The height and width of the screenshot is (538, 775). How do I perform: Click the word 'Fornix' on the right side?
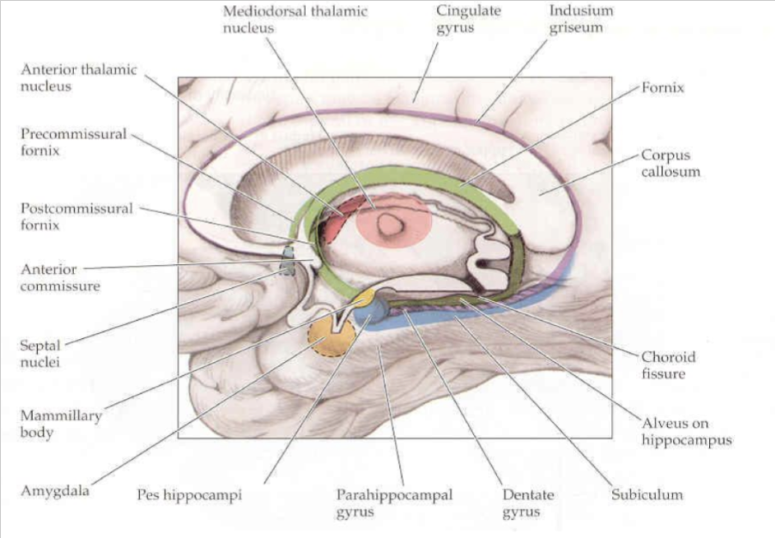pos(663,86)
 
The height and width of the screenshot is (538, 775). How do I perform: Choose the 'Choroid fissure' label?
pos(668,365)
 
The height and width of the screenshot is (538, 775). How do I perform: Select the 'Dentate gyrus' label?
pos(528,503)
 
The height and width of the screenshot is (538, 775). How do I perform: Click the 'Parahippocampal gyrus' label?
pos(393,503)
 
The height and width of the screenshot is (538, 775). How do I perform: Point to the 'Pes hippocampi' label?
pos(193,496)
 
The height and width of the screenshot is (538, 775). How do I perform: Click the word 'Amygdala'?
pos(54,492)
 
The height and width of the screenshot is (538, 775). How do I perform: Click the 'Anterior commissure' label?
pos(59,278)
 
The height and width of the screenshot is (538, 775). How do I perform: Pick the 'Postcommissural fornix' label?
pos(76,216)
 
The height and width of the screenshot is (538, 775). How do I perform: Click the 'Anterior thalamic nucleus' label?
pos(79,77)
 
